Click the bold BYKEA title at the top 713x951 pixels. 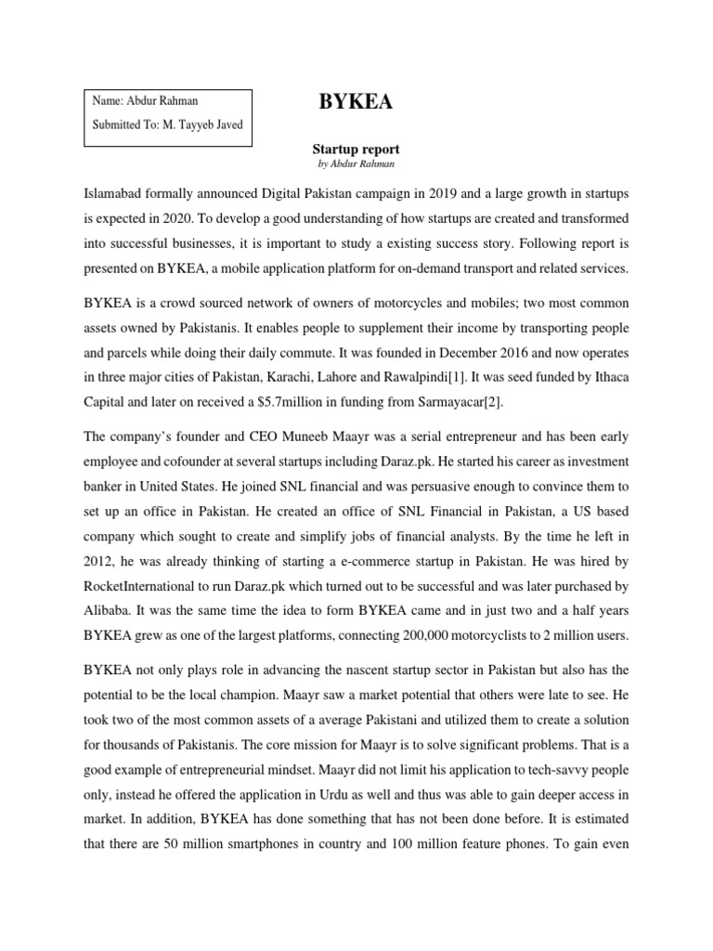point(356,103)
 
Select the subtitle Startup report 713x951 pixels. point(356,148)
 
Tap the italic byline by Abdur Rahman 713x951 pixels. point(356,163)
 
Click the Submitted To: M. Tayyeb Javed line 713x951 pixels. point(167,125)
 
